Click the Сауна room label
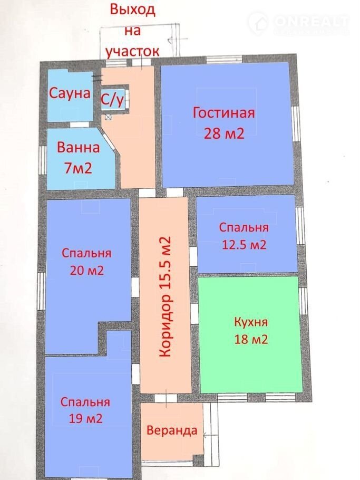pos(70,93)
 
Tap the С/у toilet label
pos(112,100)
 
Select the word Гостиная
pos(223,113)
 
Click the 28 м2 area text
pos(224,133)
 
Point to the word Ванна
pos(79,148)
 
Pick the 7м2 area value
pos(78,168)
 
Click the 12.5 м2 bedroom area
pos(244,245)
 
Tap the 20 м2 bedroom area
pos(87,271)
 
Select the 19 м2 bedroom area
pos(85,419)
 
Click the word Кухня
pos(251,322)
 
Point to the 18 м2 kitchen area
pos(251,339)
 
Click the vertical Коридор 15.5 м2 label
pos(165,296)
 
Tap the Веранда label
pos(172,430)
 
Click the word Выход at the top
pos(133,9)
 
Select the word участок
pos(132,51)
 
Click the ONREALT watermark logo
pos(298,23)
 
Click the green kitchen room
pos(250,334)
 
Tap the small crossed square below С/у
pos(109,117)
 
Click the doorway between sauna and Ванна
pos(79,125)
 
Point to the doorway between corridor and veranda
pos(166,398)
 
